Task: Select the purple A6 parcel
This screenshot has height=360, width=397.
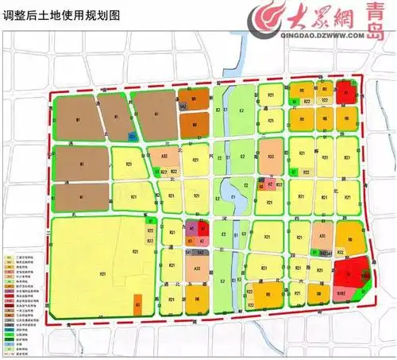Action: pos(191,228)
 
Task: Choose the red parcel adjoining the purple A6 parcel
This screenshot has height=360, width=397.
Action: pos(202,228)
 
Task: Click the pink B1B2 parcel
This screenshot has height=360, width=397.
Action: pos(341,292)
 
